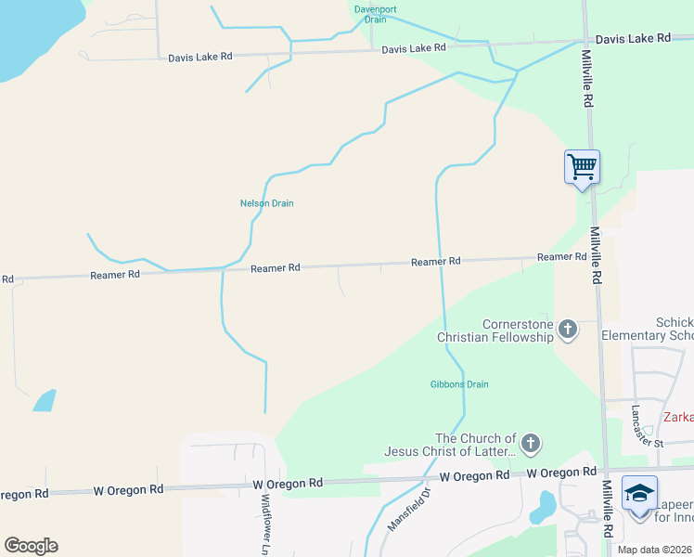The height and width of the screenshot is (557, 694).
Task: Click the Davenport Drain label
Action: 375,14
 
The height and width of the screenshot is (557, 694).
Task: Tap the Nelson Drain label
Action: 266,203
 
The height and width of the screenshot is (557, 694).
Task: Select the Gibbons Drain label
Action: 459,384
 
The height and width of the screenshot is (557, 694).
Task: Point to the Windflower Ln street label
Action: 265,525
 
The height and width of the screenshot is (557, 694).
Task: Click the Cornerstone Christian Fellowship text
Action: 495,330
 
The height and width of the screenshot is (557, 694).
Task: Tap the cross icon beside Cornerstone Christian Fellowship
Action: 568,329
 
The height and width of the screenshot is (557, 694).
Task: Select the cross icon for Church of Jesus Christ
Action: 531,444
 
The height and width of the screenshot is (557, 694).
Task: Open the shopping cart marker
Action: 582,168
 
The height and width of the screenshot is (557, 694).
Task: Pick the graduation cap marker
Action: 640,494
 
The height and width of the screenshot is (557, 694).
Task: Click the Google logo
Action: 31,546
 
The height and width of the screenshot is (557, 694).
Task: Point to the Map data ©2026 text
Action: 654,550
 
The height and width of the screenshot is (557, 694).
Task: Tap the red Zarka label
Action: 677,417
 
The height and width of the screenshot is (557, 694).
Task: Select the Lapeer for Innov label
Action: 675,511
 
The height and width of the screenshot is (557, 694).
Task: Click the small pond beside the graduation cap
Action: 545,505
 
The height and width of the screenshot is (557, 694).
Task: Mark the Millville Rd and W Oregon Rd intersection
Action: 606,471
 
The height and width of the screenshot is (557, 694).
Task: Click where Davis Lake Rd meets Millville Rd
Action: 586,40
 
